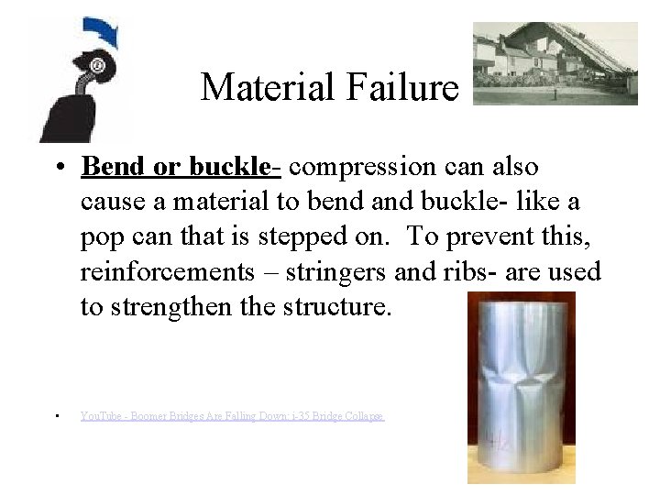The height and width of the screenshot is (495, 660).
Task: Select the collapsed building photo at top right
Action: pyautogui.click(x=555, y=63)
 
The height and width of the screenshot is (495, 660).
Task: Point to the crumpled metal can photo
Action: pyautogui.click(x=521, y=387)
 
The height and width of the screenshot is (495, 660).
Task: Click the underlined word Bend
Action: pyautogui.click(x=106, y=168)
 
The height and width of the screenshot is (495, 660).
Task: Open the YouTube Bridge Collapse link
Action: pyautogui.click(x=232, y=416)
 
